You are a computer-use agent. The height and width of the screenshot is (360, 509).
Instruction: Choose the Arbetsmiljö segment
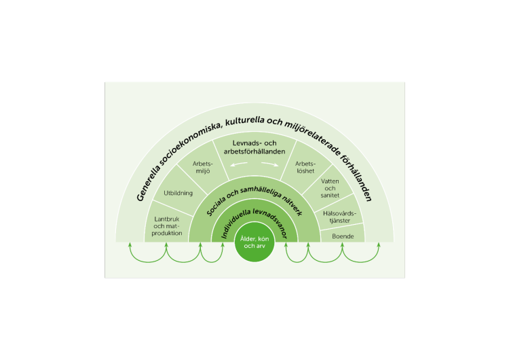[x=204, y=166]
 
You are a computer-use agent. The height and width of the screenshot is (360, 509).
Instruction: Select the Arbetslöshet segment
[x=305, y=167]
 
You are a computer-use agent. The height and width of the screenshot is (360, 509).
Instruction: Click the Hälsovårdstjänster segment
[x=339, y=215]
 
